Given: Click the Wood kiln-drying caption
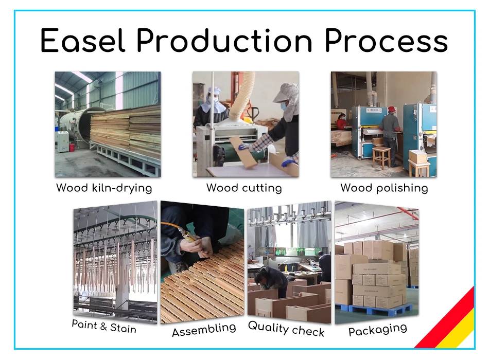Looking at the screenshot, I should point(104,188).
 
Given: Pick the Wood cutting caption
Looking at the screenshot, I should point(244,188).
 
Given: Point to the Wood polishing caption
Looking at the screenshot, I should point(384,188).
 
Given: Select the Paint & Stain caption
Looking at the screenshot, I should point(104,326).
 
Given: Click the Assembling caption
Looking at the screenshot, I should point(204,330).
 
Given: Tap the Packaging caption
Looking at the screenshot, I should point(377,330).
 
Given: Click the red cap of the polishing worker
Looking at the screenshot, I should point(392,109).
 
